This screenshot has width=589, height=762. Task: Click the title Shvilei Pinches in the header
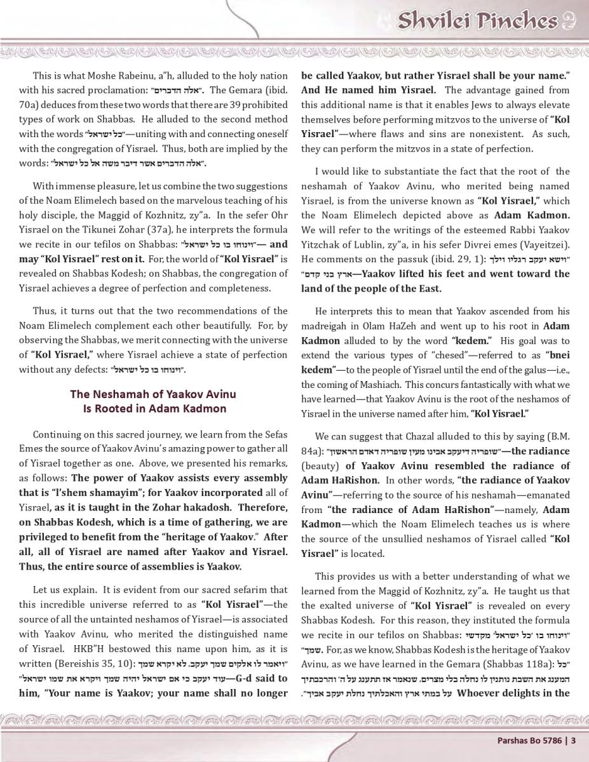click(477, 20)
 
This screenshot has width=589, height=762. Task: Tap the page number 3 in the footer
click(573, 739)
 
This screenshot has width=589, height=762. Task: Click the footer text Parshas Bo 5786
click(529, 739)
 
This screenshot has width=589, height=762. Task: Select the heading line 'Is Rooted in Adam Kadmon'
click(154, 408)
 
